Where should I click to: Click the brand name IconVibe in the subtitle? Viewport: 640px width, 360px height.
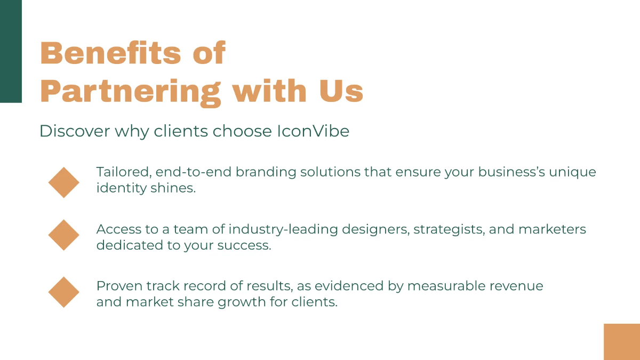coord(313,131)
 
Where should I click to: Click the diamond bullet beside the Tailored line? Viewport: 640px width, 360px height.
coord(64,182)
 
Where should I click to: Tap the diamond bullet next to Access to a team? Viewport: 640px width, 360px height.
coord(64,235)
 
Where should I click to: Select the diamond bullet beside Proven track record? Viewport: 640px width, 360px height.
coord(64,292)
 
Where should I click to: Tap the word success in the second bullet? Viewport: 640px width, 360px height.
coord(244,246)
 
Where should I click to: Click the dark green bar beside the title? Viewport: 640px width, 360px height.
coord(11,51)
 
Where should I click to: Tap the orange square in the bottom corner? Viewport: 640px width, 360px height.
coord(622,341)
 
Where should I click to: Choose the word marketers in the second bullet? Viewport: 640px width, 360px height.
coord(552,229)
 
